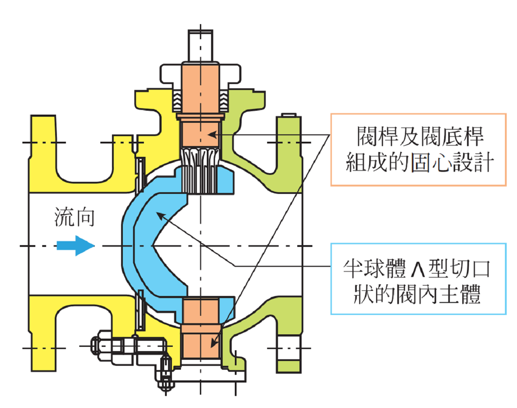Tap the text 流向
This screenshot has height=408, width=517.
coord(74,218)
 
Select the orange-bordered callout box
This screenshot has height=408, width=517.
coord(418,149)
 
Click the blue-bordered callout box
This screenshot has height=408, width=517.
coord(418,279)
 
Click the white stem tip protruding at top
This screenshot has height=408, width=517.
coord(200,46)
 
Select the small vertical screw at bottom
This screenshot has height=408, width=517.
coord(166,371)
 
